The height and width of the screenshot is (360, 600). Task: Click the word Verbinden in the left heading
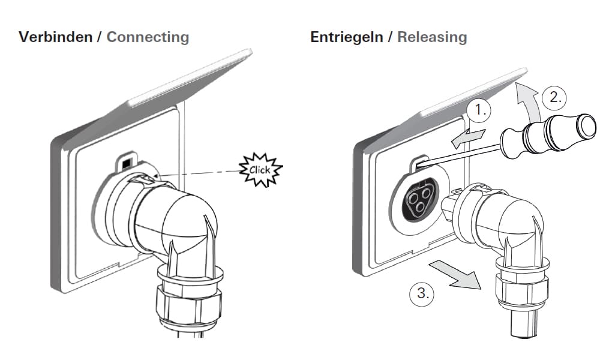point(55,37)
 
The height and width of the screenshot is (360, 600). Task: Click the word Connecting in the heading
point(148,37)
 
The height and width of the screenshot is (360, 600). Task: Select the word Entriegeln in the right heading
point(346,37)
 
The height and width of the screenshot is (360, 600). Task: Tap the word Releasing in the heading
point(432,37)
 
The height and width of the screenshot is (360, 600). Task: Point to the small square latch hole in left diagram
point(126,163)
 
